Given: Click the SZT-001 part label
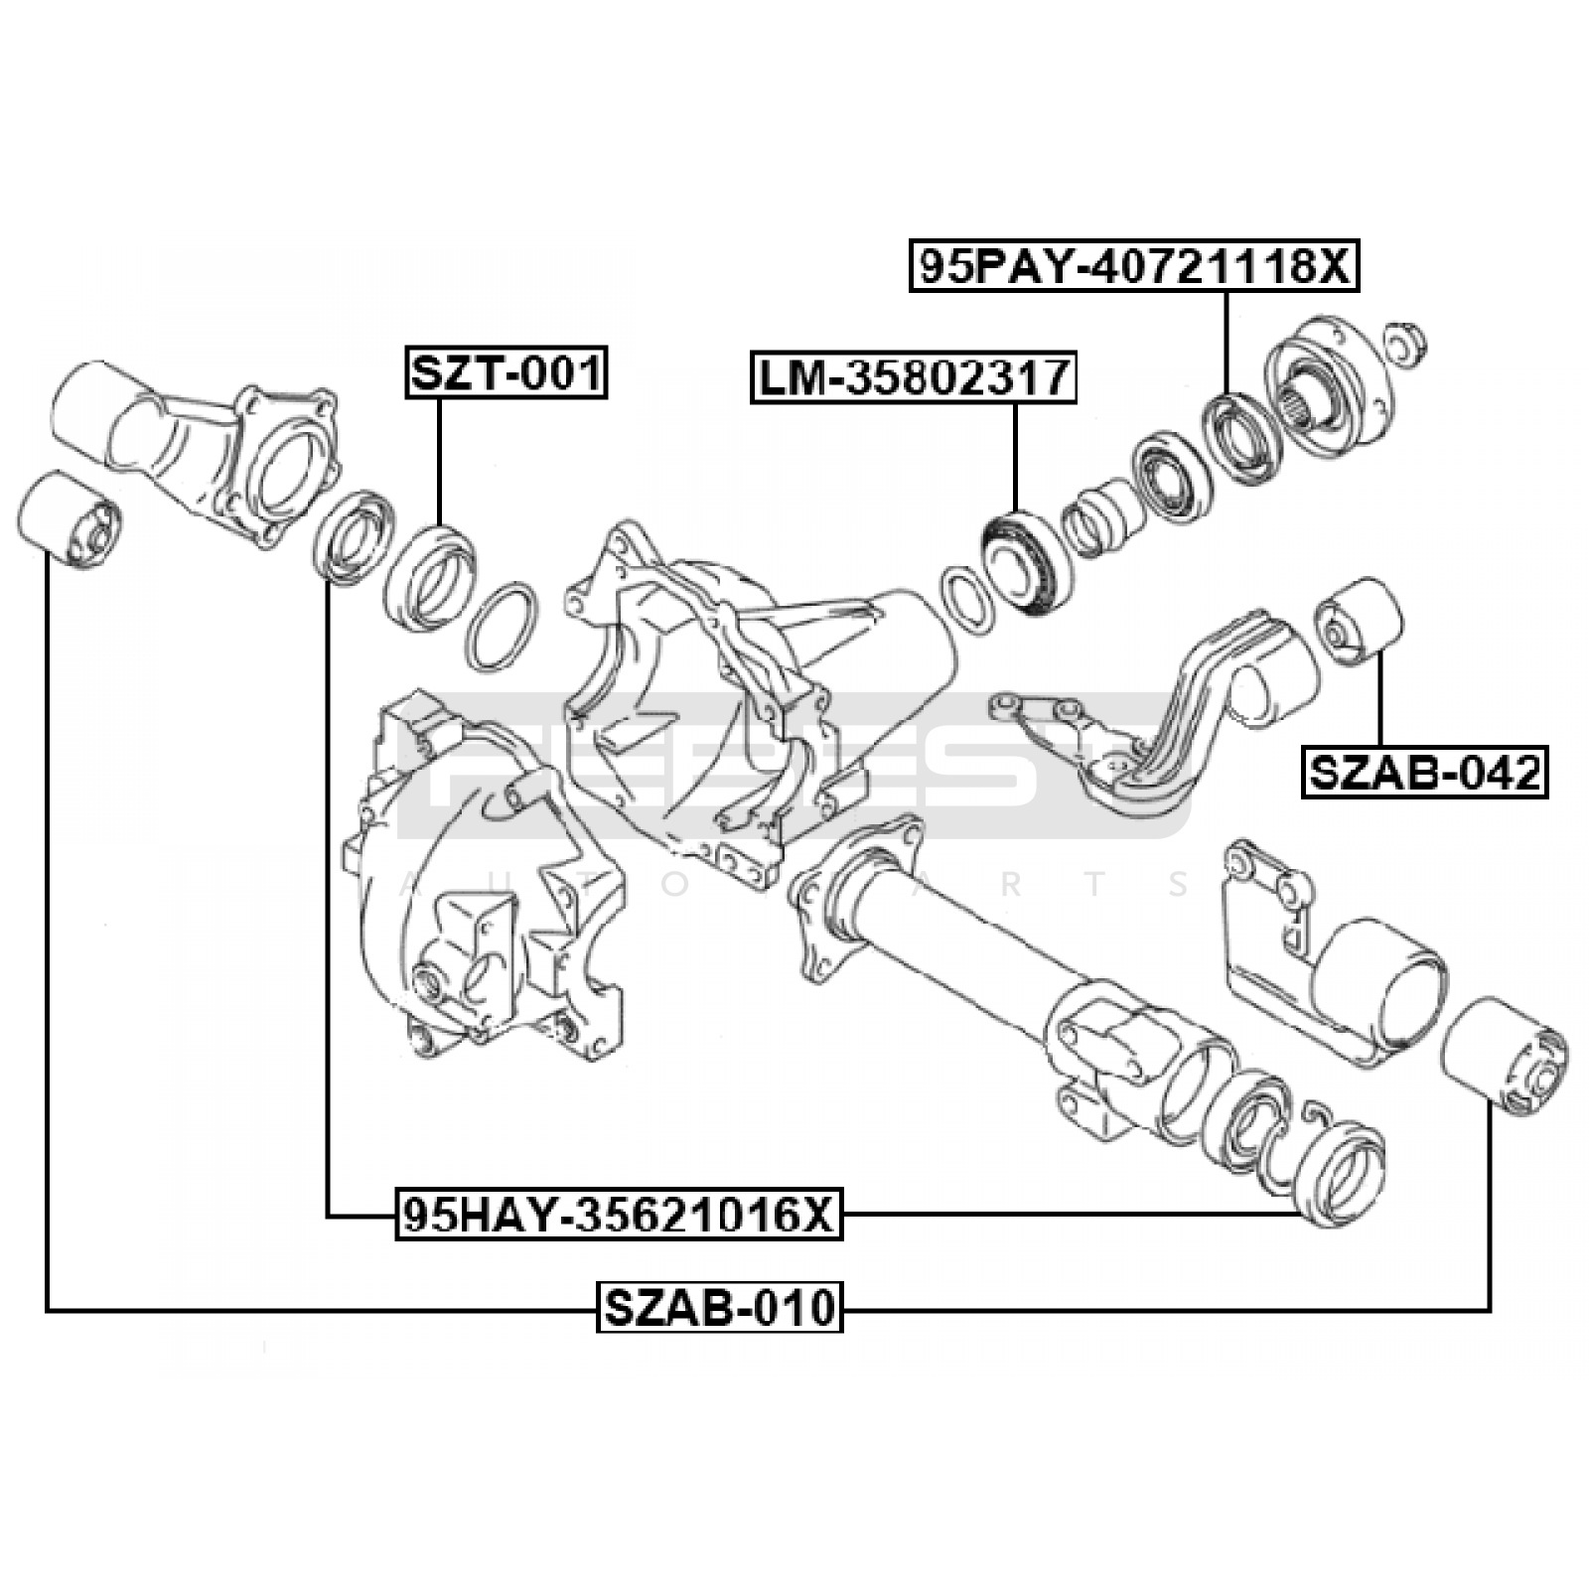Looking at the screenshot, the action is [x=506, y=373].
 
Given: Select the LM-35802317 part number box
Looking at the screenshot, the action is [x=914, y=377].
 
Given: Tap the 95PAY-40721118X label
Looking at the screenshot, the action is [x=1134, y=264].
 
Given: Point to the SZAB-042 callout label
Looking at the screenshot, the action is [x=1425, y=772].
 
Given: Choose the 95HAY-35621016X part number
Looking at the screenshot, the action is [x=620, y=1214].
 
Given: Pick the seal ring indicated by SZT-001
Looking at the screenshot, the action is [x=429, y=577].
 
